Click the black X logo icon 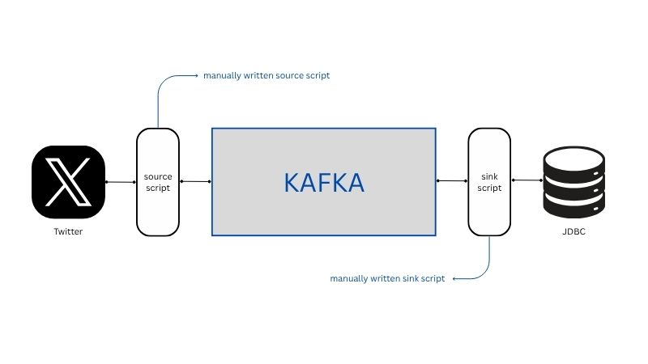click(68, 182)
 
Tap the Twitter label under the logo click(68, 231)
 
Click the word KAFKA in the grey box click(324, 183)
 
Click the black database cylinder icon click(574, 182)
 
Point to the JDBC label click(574, 231)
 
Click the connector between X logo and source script click(121, 182)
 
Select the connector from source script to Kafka click(195, 181)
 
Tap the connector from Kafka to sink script click(452, 180)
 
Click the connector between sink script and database click(527, 180)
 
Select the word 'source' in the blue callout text click(289, 75)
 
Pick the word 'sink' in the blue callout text click(411, 278)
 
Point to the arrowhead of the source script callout click(196, 75)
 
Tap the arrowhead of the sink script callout click(454, 279)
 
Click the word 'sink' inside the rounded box click(489, 176)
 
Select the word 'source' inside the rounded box click(158, 176)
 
